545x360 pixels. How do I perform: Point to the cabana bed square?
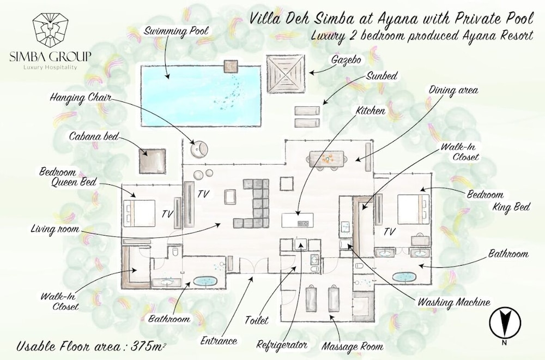coord(153,160)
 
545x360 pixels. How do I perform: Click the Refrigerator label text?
coord(283,345)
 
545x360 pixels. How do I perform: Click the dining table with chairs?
coord(326,158)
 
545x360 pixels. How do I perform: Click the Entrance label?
coord(219,341)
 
